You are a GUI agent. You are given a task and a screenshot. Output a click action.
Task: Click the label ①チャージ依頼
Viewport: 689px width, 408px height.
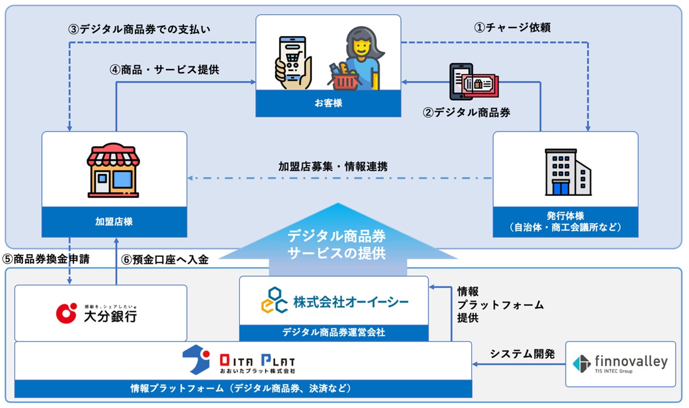click(x=512, y=28)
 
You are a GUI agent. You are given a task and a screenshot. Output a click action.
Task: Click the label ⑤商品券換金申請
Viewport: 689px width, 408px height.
click(x=46, y=260)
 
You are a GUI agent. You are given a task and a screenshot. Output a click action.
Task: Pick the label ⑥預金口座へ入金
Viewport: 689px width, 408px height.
click(x=165, y=260)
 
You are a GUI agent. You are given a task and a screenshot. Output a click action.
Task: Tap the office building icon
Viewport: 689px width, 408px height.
click(x=568, y=172)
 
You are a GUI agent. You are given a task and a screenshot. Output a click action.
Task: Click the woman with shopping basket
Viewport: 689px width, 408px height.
click(x=357, y=60)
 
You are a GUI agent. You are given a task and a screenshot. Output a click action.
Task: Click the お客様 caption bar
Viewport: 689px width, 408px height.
click(x=328, y=103)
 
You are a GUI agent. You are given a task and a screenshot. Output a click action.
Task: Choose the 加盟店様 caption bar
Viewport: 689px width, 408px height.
click(x=114, y=222)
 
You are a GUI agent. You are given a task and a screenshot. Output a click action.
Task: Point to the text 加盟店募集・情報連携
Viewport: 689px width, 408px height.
click(x=333, y=167)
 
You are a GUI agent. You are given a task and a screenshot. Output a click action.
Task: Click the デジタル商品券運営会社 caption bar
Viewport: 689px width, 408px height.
click(x=334, y=332)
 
